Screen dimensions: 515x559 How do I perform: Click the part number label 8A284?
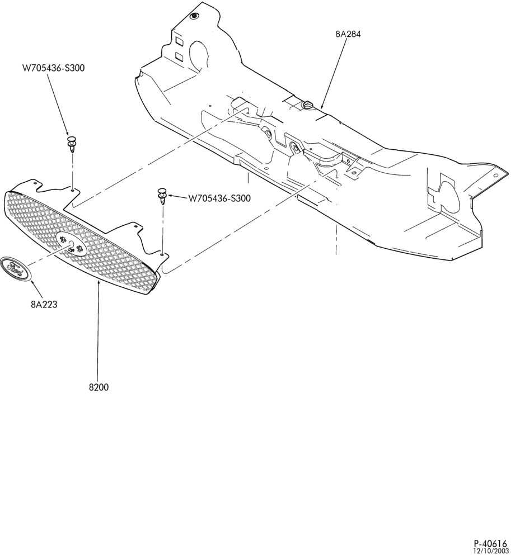[348, 34]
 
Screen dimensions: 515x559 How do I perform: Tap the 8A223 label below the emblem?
[44, 305]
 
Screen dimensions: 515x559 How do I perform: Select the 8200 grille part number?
[99, 387]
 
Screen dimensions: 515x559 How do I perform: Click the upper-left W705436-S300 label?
[54, 68]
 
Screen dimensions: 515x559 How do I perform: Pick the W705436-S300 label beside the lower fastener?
[219, 198]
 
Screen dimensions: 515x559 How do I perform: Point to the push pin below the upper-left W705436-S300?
[72, 144]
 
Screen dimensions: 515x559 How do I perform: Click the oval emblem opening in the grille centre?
[72, 244]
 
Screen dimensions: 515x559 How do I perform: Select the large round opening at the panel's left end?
[198, 57]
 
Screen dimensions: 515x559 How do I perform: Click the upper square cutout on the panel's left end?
[179, 42]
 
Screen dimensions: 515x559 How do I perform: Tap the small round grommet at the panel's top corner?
[194, 16]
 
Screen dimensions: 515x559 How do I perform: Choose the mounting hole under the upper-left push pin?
[72, 190]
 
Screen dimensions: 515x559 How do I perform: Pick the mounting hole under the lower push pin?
[163, 254]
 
